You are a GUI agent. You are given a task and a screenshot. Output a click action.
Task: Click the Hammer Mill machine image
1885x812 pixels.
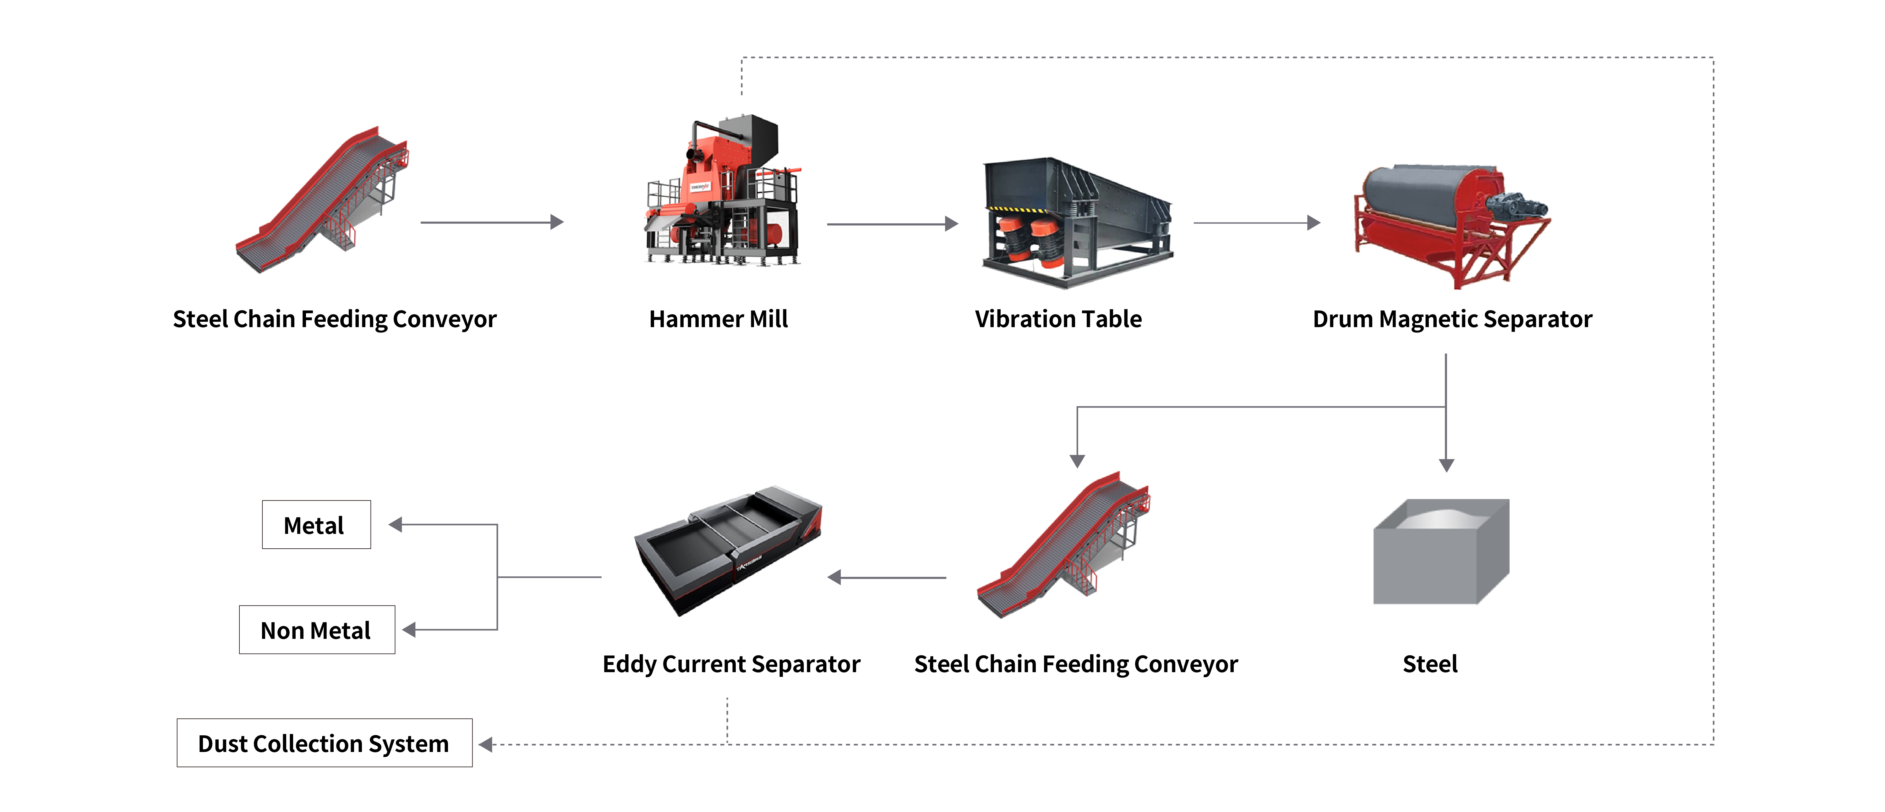(723, 192)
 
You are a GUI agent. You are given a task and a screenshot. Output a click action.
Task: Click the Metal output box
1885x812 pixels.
(316, 525)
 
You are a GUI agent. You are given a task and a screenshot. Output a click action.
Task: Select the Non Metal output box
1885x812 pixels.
(316, 630)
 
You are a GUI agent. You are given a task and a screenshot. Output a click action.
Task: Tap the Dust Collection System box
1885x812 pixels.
(324, 743)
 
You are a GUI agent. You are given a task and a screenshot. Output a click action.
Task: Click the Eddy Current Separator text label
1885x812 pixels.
(731, 664)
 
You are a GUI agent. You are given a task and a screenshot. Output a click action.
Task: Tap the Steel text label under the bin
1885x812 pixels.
(1430, 664)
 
